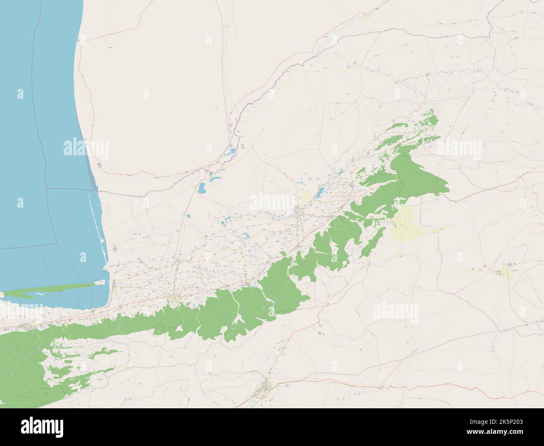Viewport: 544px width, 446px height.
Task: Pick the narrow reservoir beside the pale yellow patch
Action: (x=320, y=191)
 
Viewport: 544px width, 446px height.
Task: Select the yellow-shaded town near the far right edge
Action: (x=510, y=273)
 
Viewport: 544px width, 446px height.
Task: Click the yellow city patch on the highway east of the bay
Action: (x=174, y=298)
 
